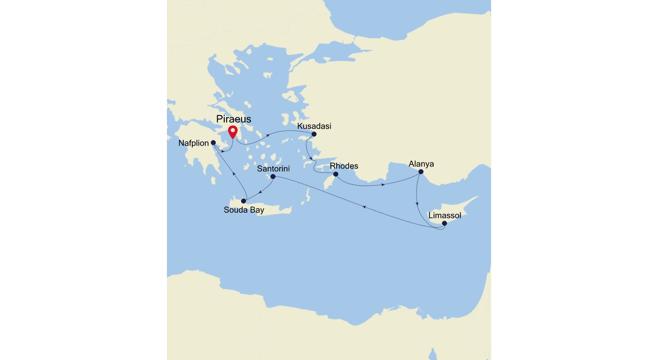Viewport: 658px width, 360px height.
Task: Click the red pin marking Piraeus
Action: (x=233, y=132)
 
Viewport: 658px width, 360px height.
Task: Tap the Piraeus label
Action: (x=234, y=119)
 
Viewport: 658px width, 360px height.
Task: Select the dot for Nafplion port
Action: (x=213, y=143)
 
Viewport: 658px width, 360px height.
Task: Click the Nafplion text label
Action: (x=194, y=143)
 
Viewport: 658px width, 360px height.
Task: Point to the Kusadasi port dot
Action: (x=314, y=134)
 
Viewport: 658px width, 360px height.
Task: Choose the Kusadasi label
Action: (x=314, y=126)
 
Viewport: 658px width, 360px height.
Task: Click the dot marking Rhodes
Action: (x=336, y=174)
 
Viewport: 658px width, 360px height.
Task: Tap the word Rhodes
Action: (x=344, y=166)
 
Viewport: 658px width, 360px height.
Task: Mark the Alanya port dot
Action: (x=421, y=172)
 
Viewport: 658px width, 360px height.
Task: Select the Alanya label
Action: (x=421, y=164)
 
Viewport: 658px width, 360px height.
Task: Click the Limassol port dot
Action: (x=444, y=223)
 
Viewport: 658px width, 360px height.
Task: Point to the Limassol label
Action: (x=445, y=215)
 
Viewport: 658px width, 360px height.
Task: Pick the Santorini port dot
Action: (x=273, y=177)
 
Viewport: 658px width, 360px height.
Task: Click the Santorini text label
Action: (x=273, y=169)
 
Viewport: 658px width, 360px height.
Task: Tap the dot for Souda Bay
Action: (x=243, y=201)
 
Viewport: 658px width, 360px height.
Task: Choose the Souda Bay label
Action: (x=244, y=210)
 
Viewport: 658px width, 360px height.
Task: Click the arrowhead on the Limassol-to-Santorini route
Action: (x=364, y=207)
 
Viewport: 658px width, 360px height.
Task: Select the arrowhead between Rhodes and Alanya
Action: (x=383, y=185)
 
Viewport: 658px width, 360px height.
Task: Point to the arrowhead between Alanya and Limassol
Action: (x=417, y=204)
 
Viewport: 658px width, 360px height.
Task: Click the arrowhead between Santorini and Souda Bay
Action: (x=260, y=192)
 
